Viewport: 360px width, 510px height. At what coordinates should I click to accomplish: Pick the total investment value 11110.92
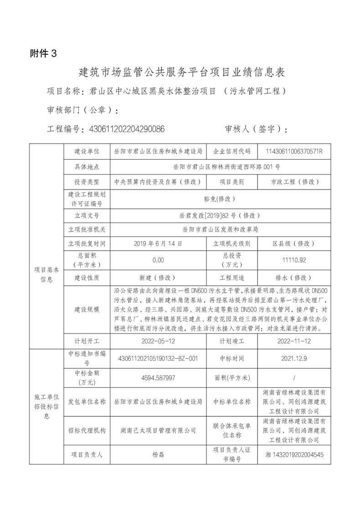(294, 260)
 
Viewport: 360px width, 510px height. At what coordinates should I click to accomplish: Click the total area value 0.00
(158, 260)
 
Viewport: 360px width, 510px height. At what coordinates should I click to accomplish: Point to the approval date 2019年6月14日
(158, 244)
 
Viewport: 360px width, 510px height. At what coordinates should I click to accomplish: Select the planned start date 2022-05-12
(158, 340)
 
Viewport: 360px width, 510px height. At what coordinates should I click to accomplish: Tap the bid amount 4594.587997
(158, 377)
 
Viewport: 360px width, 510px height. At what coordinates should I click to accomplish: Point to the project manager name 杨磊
(158, 454)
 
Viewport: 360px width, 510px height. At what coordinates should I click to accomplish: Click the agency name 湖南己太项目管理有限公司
(158, 430)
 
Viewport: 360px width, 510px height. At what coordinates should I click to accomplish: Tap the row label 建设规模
(87, 309)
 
